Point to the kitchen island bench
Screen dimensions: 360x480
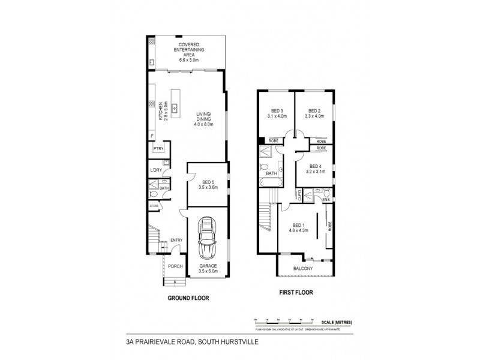pyautogui.click(x=175, y=104)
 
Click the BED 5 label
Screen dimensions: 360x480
pyautogui.click(x=208, y=184)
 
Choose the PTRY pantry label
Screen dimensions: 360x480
pyautogui.click(x=158, y=149)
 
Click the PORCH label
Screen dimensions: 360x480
pyautogui.click(x=175, y=266)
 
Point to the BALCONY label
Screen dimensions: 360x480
pyautogui.click(x=302, y=268)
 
